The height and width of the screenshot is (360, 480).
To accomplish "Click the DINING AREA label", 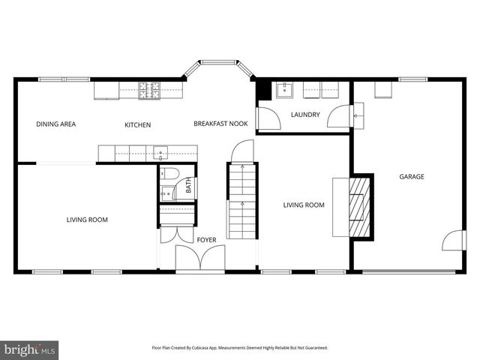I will pos(56,124).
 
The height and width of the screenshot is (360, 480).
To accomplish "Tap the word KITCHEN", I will pos(138,124).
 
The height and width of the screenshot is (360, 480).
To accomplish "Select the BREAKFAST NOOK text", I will pos(220,124).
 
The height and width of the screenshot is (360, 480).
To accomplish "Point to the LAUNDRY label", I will pos(305,115).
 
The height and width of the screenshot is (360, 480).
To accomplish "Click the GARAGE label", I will pos(411,177).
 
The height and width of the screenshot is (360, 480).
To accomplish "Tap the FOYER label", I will pos(206,240).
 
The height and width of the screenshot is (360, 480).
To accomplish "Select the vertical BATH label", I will pos(188,185).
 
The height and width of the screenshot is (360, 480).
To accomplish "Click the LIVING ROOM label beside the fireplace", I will pos(303,205).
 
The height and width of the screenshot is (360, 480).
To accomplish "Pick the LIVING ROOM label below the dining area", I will pos(87,220).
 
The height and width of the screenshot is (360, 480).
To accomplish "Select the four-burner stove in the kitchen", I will pos(149,90).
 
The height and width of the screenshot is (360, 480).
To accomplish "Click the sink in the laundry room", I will pos(284,91).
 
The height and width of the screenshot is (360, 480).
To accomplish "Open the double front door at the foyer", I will pos(199,259).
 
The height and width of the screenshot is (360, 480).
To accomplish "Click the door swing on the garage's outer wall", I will pos(453,241).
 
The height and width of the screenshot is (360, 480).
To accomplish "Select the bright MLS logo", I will pos(30,349).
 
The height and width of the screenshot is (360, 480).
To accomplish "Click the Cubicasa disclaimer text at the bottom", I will pos(240,348).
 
